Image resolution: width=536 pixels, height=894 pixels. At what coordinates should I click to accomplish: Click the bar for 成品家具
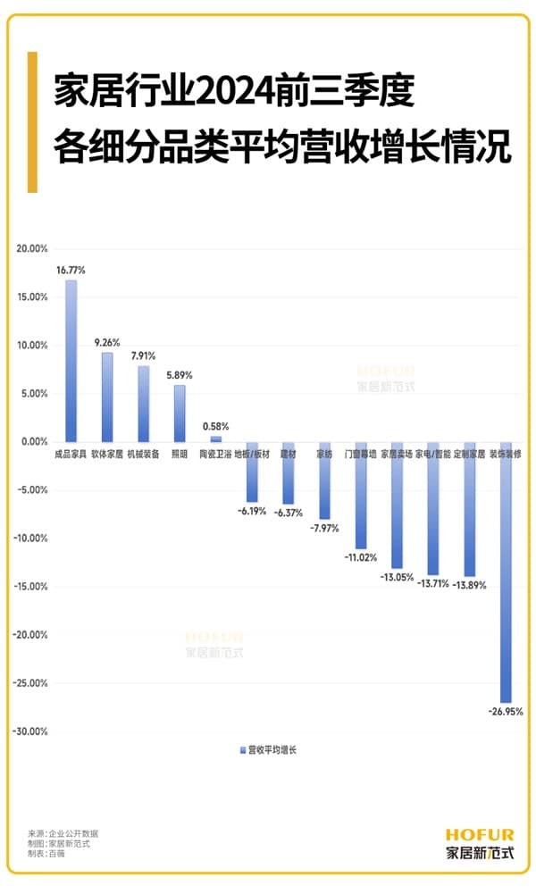point(71,361)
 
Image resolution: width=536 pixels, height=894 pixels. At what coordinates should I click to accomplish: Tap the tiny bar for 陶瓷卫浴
point(216,439)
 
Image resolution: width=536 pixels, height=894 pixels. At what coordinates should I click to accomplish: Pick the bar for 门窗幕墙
point(361,495)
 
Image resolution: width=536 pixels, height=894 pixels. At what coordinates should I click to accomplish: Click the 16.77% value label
point(71,270)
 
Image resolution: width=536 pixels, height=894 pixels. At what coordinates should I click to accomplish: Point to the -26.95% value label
point(506,712)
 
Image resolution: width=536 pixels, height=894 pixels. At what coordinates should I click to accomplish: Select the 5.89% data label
point(180,375)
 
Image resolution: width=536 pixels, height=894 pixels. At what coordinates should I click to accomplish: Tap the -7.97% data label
point(325,529)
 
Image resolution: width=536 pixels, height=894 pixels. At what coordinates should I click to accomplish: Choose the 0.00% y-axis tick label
point(33,442)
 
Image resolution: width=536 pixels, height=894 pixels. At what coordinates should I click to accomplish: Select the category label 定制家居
point(470,455)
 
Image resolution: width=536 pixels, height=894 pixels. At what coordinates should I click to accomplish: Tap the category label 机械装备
point(144,455)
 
